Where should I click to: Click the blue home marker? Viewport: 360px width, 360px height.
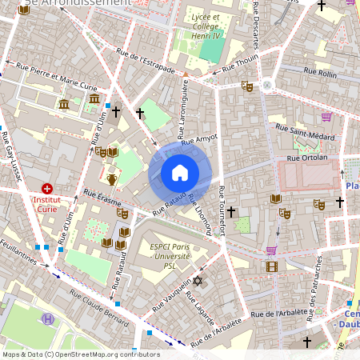(x=180, y=172)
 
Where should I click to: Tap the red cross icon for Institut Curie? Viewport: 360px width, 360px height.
(x=47, y=188)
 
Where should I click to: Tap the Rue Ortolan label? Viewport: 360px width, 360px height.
(x=307, y=158)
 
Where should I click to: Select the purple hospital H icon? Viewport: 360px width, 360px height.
(x=48, y=318)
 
